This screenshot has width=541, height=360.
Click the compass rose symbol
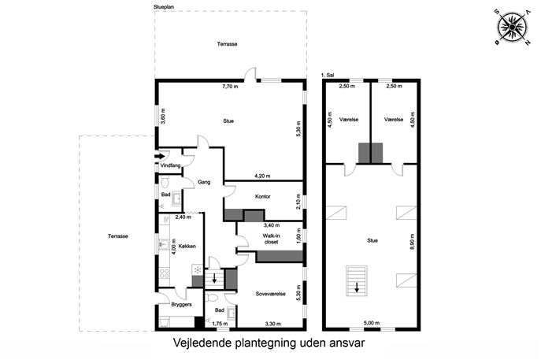click(x=512, y=27)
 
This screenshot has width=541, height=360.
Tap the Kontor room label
click(x=262, y=196)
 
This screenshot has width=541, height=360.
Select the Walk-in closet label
click(x=271, y=239)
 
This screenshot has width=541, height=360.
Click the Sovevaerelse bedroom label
click(x=271, y=294)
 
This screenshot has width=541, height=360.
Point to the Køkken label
click(x=187, y=246)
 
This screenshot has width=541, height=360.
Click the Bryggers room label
click(x=181, y=304)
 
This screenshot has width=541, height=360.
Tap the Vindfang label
click(x=170, y=165)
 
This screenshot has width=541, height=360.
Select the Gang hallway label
click(x=204, y=182)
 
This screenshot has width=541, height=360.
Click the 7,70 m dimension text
click(x=230, y=87)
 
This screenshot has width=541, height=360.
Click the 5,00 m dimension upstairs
click(x=372, y=323)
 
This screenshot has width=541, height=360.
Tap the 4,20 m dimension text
click(x=262, y=176)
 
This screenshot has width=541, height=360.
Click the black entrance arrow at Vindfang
click(x=160, y=156)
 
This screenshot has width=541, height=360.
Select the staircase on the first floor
click(x=357, y=280)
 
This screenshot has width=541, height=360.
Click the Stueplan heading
click(x=164, y=6)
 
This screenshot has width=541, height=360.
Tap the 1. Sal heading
click(x=327, y=75)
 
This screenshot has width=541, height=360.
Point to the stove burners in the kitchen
click(x=165, y=273)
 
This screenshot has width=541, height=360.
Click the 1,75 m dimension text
click(x=220, y=324)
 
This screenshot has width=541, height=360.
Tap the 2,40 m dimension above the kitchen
click(x=183, y=217)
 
